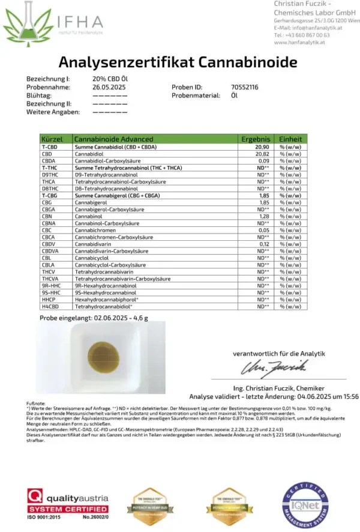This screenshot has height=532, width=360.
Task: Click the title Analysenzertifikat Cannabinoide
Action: coord(178,62)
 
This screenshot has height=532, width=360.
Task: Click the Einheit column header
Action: coord(290,139)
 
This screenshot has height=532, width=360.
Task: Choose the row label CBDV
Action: coord(49,244)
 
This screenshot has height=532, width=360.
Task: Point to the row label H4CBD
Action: coord(50,306)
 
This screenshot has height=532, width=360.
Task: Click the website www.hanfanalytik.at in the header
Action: coord(299,42)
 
